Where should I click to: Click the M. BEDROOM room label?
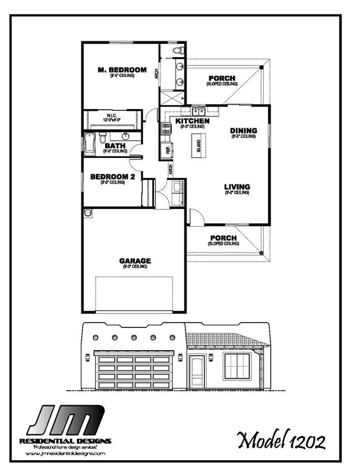122,70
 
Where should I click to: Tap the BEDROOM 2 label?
112,177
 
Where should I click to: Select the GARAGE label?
135,260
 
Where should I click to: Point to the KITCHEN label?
192,121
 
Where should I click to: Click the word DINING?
243,131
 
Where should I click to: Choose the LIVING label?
237,187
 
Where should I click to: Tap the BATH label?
115,146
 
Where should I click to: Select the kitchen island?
199,145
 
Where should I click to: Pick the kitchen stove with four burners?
166,129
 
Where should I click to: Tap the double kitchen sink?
191,111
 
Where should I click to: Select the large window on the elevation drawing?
239,367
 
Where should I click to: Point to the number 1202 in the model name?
304,442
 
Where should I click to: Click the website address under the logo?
65,453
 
